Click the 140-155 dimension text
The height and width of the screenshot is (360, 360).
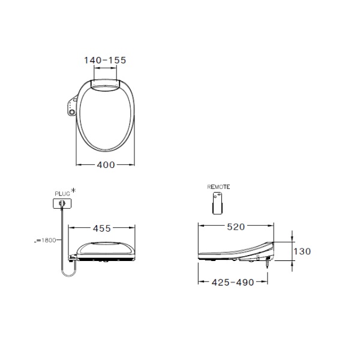pos(105,60)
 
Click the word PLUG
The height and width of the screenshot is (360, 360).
pos(62,193)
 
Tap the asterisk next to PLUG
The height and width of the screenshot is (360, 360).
pos(73,191)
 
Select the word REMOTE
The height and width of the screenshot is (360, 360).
pos(218,187)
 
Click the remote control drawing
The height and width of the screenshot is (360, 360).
pos(218,203)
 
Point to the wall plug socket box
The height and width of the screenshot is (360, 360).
pos(62,204)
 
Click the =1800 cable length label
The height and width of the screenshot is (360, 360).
pos(46,240)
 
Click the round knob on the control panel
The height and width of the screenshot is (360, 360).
pos(73,112)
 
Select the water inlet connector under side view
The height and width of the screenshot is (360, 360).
pos(266,261)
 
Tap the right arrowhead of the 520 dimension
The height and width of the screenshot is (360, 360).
pos(273,227)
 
